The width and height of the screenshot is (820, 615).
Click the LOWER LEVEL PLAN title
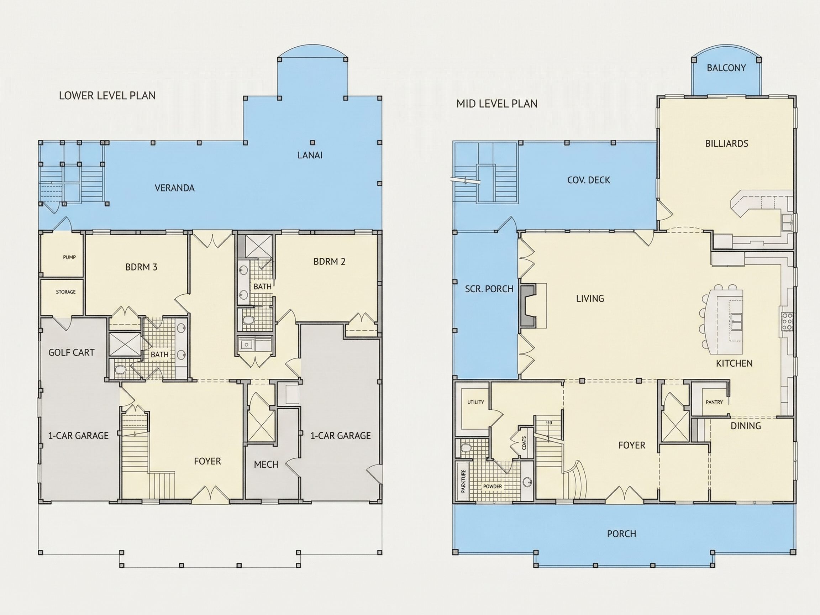[107, 96]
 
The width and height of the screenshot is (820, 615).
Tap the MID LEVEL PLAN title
[497, 104]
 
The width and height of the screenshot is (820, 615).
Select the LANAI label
[310, 155]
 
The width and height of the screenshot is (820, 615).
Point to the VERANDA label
[175, 188]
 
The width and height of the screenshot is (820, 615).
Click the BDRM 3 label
[141, 267]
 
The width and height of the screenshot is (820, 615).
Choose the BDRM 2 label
[329, 261]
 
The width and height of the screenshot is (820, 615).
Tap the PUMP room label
[69, 257]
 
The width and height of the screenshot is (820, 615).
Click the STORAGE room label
[65, 292]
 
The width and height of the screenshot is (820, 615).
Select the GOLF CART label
[71, 352]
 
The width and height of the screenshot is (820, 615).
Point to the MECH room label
[266, 464]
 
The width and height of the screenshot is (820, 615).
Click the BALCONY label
[726, 68]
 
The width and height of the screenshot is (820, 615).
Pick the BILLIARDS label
[727, 143]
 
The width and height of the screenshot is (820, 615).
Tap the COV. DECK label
[588, 180]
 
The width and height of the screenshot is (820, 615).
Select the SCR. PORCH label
[489, 289]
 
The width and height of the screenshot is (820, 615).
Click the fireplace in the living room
[528, 305]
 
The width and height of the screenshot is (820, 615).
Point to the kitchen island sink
[736, 321]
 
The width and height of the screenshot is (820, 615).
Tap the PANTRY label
[714, 402]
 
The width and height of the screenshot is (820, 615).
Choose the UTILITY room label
[475, 402]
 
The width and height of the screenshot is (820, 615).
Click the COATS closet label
[524, 443]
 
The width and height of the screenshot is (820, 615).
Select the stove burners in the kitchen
[787, 322]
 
